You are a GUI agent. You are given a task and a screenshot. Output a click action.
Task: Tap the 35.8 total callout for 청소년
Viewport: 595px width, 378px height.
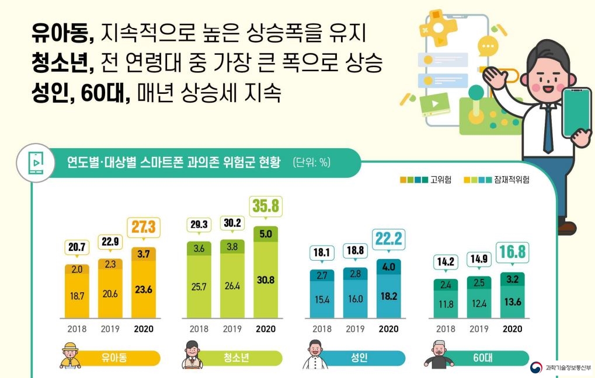coord(265,206)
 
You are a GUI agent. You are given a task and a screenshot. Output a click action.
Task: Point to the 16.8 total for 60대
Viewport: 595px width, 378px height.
coord(512,251)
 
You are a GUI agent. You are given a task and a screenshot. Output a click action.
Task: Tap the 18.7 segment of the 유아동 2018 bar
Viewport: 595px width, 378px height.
coord(76,296)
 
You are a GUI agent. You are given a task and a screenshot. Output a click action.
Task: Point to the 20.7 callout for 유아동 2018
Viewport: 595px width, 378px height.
coord(76,247)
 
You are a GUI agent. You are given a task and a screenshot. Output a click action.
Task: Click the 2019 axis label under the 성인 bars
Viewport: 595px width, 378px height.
coord(355,329)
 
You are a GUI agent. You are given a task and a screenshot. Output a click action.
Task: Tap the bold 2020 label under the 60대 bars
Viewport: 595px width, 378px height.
coord(512,329)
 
